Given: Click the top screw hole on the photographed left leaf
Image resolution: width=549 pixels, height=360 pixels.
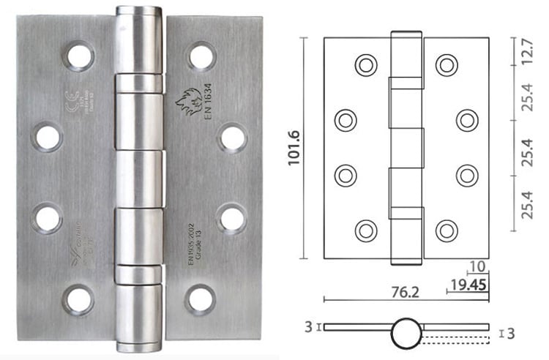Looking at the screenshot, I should (78, 56).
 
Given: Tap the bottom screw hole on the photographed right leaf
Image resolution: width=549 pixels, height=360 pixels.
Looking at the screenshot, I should (201, 299).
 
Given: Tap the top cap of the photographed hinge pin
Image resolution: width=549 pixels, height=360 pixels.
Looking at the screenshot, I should (138, 13).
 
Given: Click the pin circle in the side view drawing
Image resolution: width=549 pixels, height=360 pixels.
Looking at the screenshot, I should (406, 333).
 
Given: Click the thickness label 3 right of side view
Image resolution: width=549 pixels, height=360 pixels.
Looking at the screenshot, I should (511, 334).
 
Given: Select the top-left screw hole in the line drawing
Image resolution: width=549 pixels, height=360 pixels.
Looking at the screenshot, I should (365, 65).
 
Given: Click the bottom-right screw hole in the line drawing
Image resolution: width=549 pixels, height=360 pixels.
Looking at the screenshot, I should (447, 230).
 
